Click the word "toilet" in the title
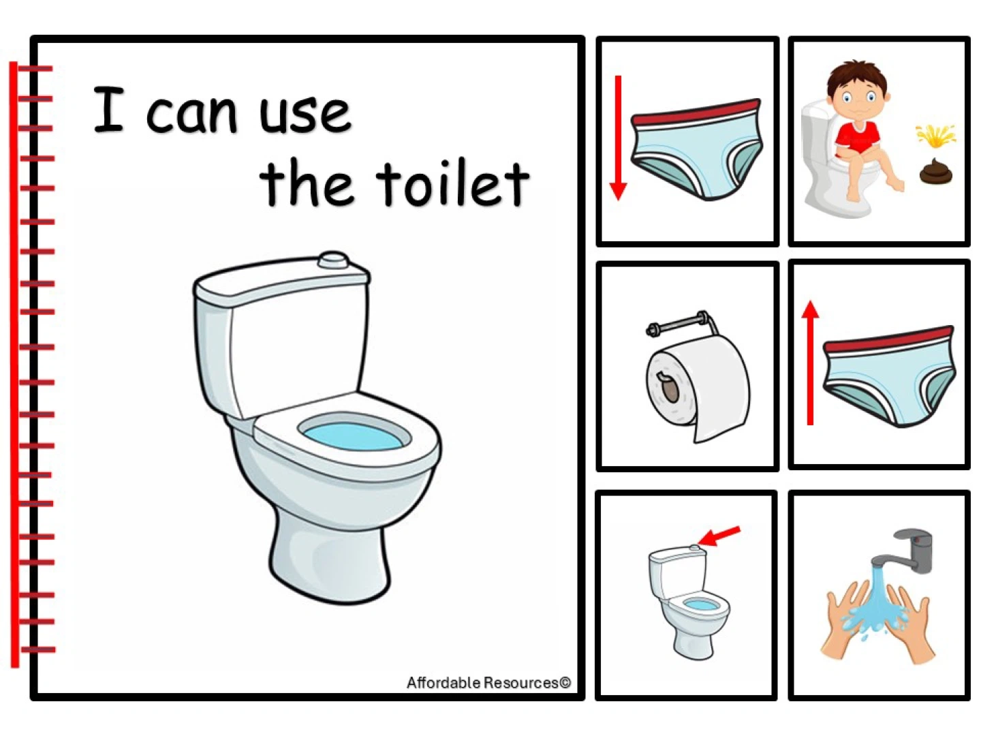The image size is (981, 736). click(452, 184)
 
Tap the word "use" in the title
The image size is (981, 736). click(306, 114)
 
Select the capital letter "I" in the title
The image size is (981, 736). click(108, 110)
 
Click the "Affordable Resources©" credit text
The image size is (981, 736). click(488, 682)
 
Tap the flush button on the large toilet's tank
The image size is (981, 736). click(333, 260)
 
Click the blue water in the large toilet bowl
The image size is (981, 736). click(353, 435)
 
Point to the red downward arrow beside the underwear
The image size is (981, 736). click(618, 138)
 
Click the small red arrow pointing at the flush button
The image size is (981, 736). click(719, 536)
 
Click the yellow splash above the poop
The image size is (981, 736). click(935, 135)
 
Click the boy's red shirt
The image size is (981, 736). click(857, 138)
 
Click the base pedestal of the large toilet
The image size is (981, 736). click(329, 559)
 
